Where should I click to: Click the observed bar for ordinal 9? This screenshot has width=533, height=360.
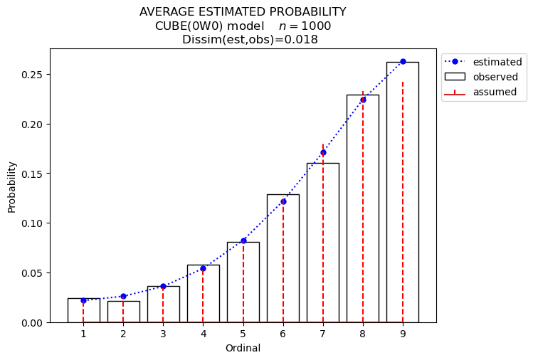tap(403, 192)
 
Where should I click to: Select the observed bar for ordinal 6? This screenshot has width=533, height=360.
tap(283, 258)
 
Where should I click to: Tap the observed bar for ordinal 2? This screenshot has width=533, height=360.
tap(123, 312)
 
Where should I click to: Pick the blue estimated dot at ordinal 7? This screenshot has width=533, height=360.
tap(323, 153)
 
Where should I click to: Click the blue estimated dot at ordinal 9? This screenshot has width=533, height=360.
tap(403, 61)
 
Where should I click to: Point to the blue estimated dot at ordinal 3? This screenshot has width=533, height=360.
tap(163, 286)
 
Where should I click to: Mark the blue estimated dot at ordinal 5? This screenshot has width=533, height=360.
tap(243, 241)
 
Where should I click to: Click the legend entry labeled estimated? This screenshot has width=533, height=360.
tap(483, 62)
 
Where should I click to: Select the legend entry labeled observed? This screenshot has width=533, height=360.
tap(481, 77)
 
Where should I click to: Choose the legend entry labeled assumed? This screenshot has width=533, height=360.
tap(480, 92)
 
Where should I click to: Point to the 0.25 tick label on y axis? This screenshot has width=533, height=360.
tap(32, 75)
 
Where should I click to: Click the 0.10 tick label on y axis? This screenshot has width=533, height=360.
tap(32, 223)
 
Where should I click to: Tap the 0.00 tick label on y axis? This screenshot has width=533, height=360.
tap(32, 323)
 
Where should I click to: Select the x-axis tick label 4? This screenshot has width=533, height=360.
tap(204, 334)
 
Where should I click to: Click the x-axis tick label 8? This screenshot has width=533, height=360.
tap(363, 334)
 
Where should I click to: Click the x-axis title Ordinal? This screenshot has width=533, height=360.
tap(243, 348)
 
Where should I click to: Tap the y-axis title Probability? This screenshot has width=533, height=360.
tap(12, 187)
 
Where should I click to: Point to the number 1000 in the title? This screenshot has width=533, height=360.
tap(316, 26)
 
